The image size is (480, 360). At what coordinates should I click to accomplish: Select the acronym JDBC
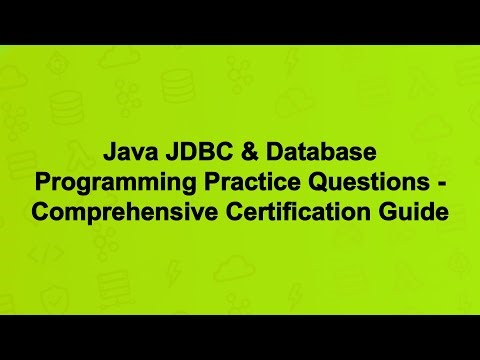click(x=190, y=155)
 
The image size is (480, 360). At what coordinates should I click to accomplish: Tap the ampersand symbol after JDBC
click(x=236, y=155)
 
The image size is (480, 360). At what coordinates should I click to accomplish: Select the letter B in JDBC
click(x=198, y=155)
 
